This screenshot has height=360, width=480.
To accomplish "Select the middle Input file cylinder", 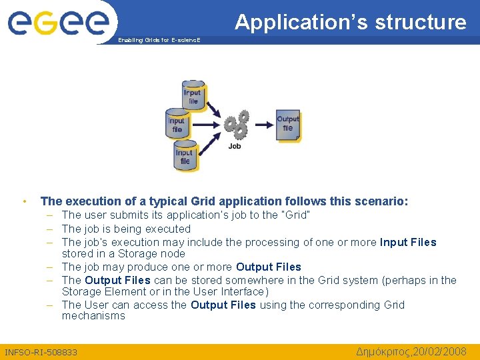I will point(177,125).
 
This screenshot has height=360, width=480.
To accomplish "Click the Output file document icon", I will point(288,125).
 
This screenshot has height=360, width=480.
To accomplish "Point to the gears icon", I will point(236,123).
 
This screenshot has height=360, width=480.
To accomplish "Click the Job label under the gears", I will point(235,146).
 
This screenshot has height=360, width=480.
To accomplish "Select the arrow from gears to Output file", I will point(263,124).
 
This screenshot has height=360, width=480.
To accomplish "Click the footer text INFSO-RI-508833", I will point(41,352).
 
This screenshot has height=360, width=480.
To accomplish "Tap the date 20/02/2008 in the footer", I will point(438,351).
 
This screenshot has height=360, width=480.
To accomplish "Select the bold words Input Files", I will point(408,242).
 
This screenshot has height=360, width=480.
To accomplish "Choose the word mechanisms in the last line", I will point(93,316).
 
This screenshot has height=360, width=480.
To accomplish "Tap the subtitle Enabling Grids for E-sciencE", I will point(159,41).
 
